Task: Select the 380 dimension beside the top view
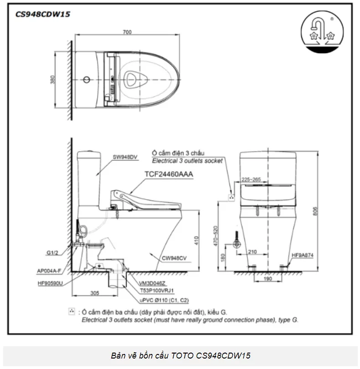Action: [54, 80]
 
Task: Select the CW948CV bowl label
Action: [175, 257]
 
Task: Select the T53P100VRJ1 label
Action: [158, 290]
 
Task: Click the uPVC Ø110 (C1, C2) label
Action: [165, 300]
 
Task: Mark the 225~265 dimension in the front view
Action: [251, 179]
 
